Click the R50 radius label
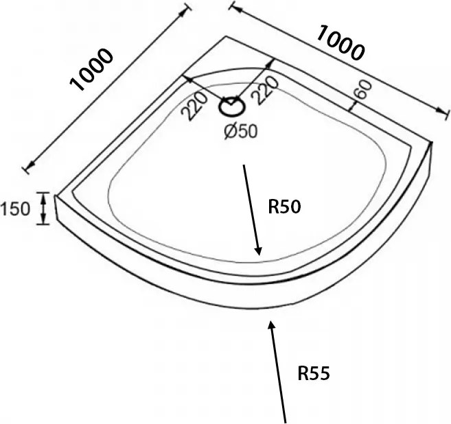pos(284,207)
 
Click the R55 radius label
pos(314,374)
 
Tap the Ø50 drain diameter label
pos(241,132)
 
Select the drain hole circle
pos(232,108)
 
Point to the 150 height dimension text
pos(15,209)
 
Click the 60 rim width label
pos(362,89)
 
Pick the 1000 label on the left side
pos(91,69)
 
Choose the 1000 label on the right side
pos(340,43)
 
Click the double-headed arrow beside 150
pos(43,208)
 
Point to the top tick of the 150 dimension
pos(43,192)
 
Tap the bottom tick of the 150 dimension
pos(43,224)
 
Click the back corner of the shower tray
pos(226,36)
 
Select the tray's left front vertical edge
pos(56,208)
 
